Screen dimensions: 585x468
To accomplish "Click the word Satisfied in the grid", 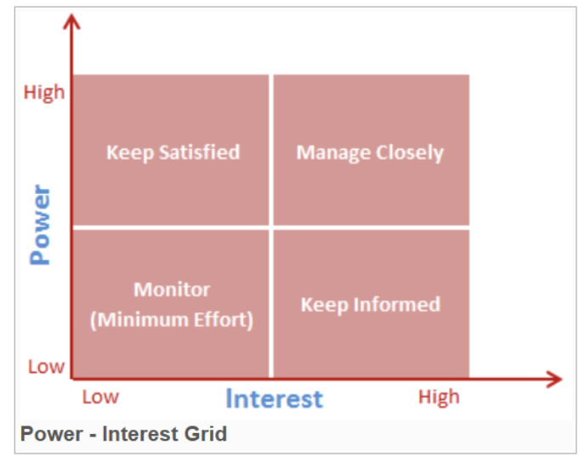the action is (199, 152).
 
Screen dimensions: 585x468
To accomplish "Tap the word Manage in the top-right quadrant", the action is (333, 153).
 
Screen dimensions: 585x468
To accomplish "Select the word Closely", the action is (410, 153).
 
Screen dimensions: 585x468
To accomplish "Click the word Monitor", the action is (172, 290).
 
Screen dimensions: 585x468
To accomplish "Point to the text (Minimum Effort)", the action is (172, 320).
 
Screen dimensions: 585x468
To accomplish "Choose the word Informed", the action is (396, 305).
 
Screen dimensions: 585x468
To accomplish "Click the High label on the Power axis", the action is (44, 92).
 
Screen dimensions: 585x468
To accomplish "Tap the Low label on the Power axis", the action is (46, 367).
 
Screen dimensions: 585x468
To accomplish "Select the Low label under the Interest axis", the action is (100, 397).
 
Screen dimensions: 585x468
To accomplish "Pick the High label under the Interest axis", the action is (439, 397).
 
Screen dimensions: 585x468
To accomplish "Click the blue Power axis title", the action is (40, 225).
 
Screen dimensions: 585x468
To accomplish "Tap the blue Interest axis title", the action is (274, 399).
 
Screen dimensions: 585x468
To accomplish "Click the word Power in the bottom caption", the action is (52, 434).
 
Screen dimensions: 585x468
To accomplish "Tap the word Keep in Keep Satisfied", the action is (130, 153).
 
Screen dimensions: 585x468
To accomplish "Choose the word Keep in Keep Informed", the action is (324, 305).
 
